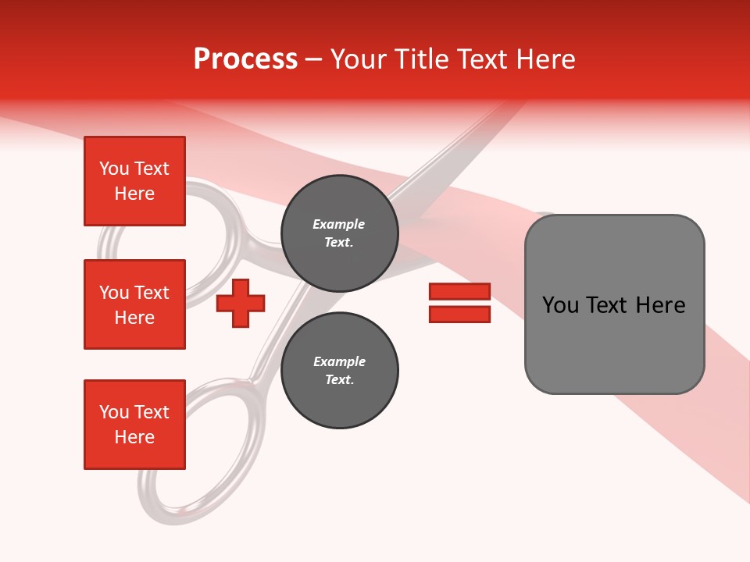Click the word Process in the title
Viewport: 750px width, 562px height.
click(x=245, y=59)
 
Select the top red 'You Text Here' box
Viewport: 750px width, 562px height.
click(x=134, y=181)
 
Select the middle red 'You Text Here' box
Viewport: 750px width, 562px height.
click(x=134, y=304)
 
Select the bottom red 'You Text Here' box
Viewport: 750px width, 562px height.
click(x=134, y=425)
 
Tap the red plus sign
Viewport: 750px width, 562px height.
click(x=241, y=303)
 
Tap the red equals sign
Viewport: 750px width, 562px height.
click(x=459, y=303)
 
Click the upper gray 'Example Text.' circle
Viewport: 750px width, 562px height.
click(x=340, y=233)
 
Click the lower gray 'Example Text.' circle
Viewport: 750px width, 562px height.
click(x=340, y=370)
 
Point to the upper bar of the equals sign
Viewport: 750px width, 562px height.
click(x=459, y=292)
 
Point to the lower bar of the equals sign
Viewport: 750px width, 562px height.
click(x=459, y=314)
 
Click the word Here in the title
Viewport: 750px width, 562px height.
click(x=547, y=59)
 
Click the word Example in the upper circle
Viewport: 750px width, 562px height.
click(x=338, y=224)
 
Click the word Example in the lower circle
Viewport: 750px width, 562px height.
click(x=339, y=361)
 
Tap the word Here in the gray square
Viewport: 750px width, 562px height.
click(x=660, y=305)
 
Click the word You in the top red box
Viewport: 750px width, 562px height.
click(x=114, y=169)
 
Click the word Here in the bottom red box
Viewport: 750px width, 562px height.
click(x=134, y=437)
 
